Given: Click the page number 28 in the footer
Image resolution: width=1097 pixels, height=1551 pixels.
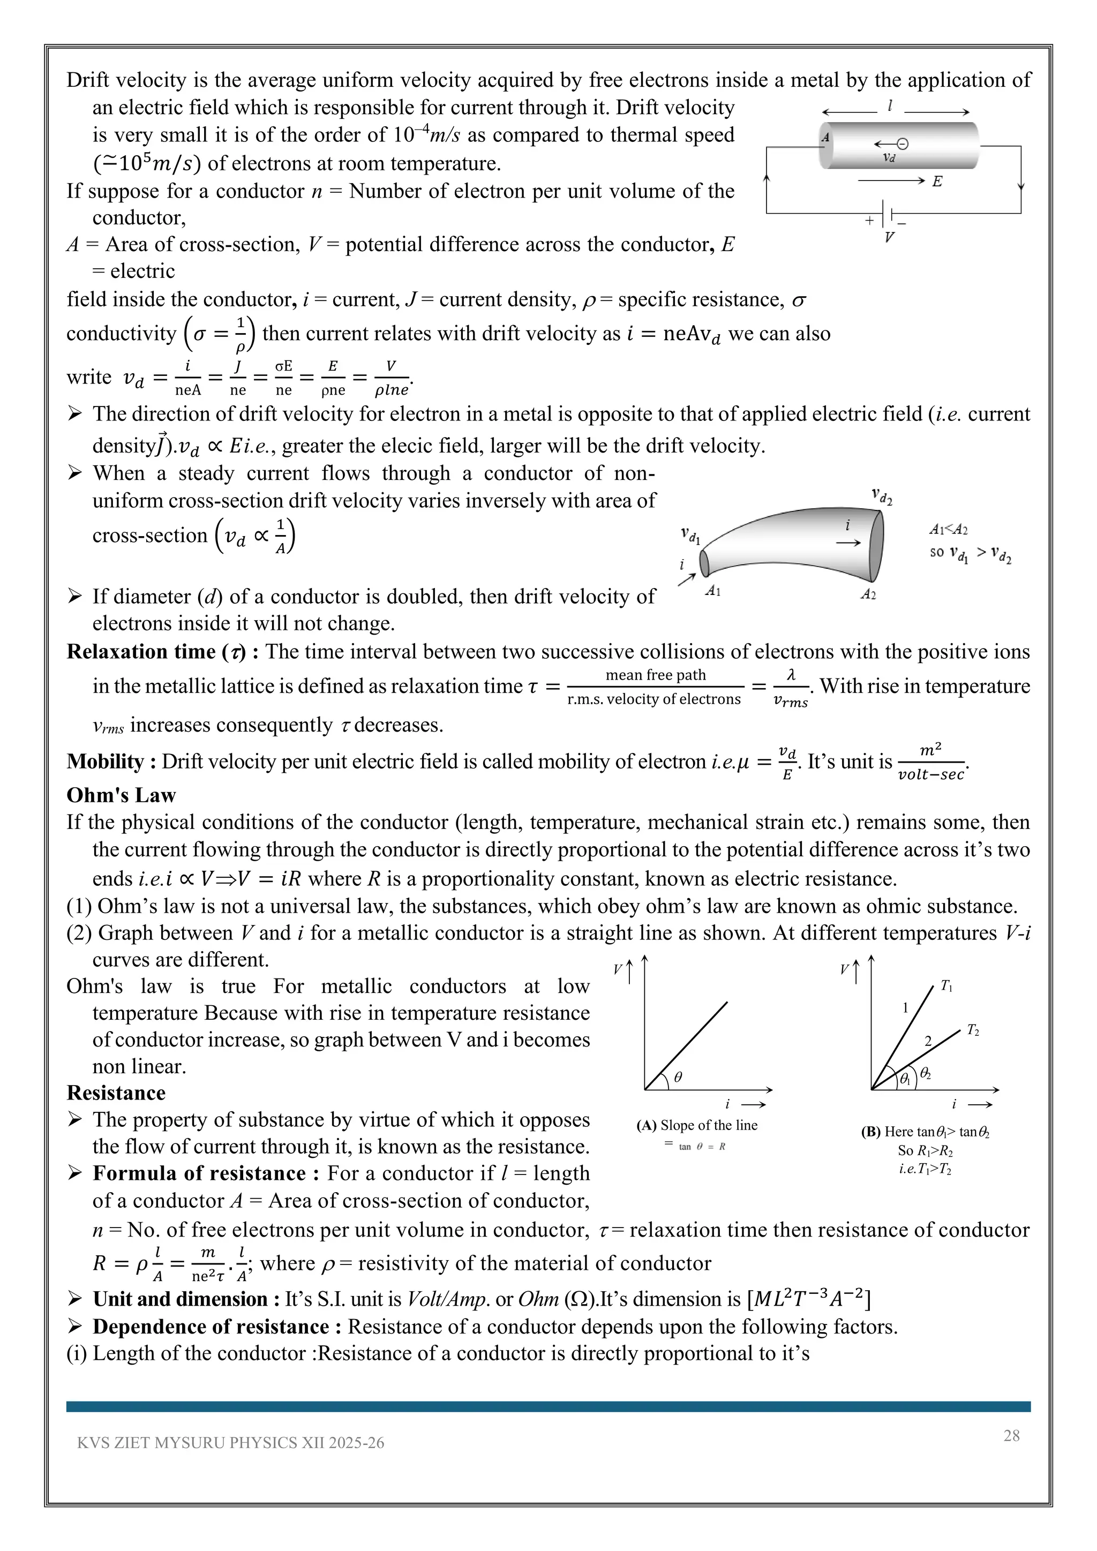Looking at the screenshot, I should click(x=1011, y=1435).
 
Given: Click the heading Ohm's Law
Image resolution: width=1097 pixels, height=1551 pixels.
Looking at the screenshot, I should click(x=121, y=795).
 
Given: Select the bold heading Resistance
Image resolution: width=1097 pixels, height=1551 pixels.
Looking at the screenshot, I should click(x=116, y=1093).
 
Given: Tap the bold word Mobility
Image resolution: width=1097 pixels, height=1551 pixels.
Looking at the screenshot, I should click(x=104, y=762).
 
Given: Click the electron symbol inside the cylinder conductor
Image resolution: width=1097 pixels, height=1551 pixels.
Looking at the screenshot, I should click(x=902, y=143).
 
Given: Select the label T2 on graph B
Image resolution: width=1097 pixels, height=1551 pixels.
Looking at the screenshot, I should click(x=973, y=1030).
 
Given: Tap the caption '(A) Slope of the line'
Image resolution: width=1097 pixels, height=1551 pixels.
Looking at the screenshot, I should click(x=697, y=1125).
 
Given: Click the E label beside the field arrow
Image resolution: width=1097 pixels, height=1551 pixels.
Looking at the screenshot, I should click(x=937, y=181).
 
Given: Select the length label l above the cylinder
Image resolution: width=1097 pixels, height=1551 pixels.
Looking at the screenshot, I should click(x=890, y=106).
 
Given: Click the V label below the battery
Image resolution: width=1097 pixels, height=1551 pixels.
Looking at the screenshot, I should click(x=889, y=237).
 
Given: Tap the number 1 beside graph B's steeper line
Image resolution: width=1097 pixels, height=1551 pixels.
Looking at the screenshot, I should click(x=905, y=1008).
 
